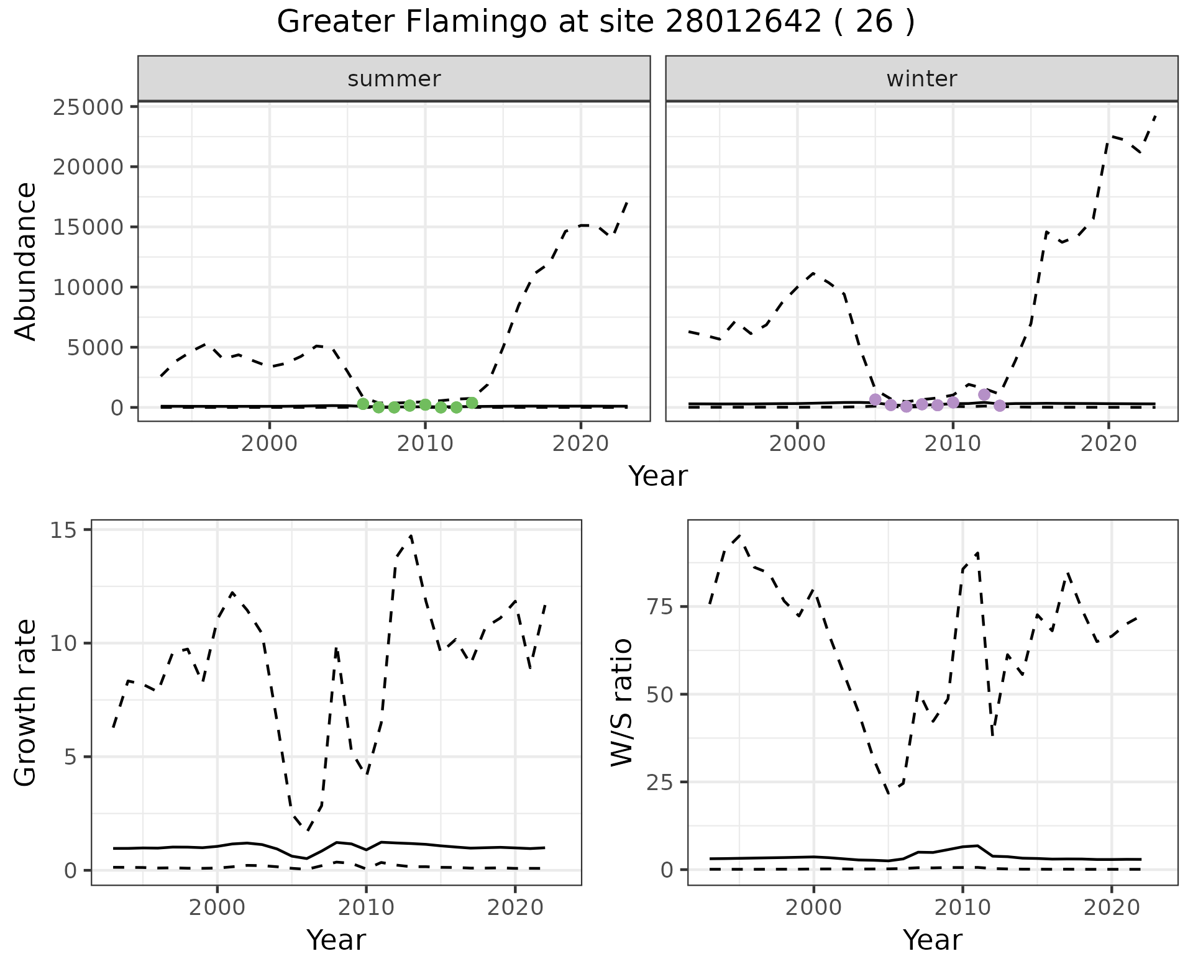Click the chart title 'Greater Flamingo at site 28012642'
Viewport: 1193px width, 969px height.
pyautogui.click(x=595, y=22)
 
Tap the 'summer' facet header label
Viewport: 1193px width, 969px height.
pyautogui.click(x=394, y=79)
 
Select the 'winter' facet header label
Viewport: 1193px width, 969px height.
pyautogui.click(x=921, y=79)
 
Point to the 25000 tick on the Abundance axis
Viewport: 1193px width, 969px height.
pyautogui.click(x=89, y=107)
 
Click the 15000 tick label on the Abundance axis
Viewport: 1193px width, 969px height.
pyautogui.click(x=89, y=227)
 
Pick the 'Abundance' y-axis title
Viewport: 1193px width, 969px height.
pyautogui.click(x=26, y=261)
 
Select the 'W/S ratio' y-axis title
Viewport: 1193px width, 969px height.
pyautogui.click(x=622, y=702)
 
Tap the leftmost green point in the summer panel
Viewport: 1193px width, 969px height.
pyautogui.click(x=363, y=404)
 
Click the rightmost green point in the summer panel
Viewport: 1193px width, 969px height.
pyautogui.click(x=472, y=403)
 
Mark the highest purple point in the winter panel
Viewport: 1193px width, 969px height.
pyautogui.click(x=984, y=394)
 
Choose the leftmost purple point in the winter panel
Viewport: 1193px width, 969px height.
pyautogui.click(x=875, y=399)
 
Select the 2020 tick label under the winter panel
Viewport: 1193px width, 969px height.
pyautogui.click(x=1108, y=444)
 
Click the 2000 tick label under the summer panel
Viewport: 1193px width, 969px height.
pyautogui.click(x=270, y=444)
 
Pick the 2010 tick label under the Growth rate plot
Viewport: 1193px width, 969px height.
pyautogui.click(x=366, y=908)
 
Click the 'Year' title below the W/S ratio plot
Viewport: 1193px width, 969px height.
pyautogui.click(x=932, y=940)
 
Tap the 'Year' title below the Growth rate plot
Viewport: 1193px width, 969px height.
pyautogui.click(x=336, y=940)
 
